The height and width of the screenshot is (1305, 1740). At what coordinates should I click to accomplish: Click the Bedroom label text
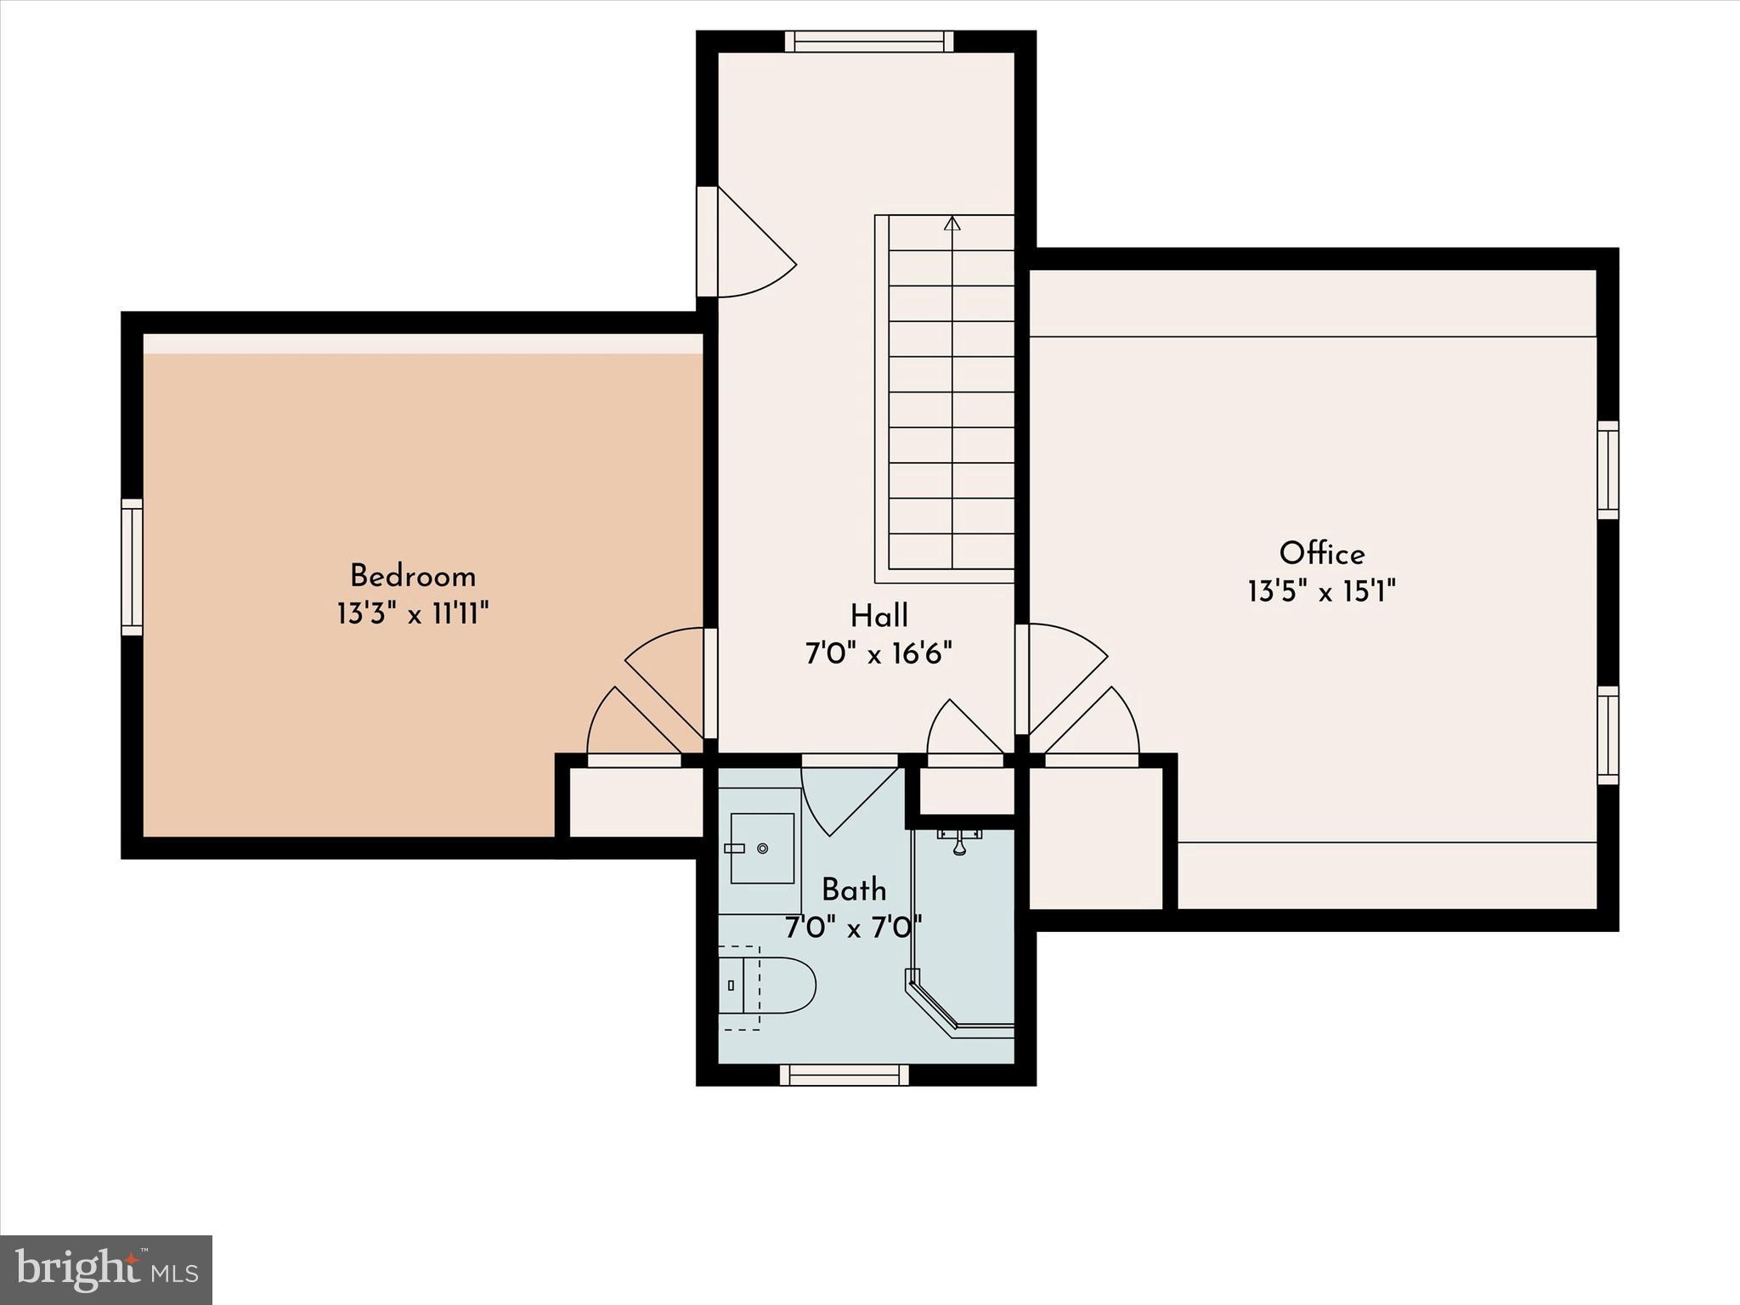pyautogui.click(x=413, y=577)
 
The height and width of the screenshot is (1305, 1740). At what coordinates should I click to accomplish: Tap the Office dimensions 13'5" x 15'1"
pyautogui.click(x=1321, y=591)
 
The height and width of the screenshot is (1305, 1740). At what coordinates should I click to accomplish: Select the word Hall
pyautogui.click(x=878, y=616)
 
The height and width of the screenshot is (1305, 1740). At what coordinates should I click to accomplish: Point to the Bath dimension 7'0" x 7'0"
pyautogui.click(x=853, y=928)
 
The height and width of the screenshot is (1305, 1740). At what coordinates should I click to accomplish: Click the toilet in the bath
pyautogui.click(x=769, y=986)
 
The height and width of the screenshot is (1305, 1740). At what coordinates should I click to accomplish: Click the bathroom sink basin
pyautogui.click(x=761, y=848)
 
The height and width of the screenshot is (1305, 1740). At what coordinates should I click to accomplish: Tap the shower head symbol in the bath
pyautogui.click(x=959, y=842)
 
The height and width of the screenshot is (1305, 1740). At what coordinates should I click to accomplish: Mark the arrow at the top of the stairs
pyautogui.click(x=952, y=223)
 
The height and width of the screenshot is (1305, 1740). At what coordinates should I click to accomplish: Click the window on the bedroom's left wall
pyautogui.click(x=132, y=567)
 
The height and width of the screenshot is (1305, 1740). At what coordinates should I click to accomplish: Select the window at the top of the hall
pyautogui.click(x=868, y=42)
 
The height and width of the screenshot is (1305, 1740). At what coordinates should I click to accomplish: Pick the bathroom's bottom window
pyautogui.click(x=845, y=1075)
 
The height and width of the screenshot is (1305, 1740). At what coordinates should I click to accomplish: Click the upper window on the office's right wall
pyautogui.click(x=1607, y=470)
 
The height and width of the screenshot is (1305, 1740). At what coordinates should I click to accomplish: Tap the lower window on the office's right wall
pyautogui.click(x=1607, y=735)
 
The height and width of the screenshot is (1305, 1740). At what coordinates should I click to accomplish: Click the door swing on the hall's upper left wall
pyautogui.click(x=752, y=251)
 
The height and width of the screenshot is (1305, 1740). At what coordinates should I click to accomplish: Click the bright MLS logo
pyautogui.click(x=106, y=1270)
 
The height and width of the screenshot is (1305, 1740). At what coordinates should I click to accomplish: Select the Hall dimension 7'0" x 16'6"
pyautogui.click(x=878, y=654)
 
